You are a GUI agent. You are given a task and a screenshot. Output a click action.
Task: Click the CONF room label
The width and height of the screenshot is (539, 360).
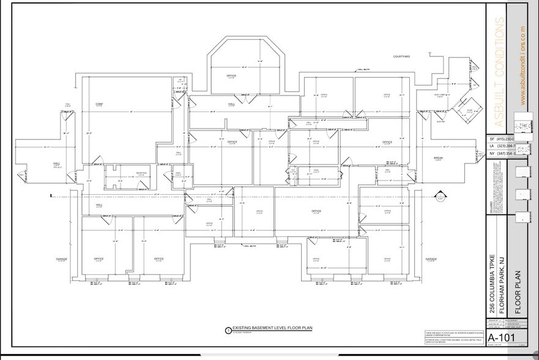click(x=99, y=103)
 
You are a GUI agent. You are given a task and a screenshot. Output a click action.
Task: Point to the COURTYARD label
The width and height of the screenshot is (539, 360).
click(x=401, y=56)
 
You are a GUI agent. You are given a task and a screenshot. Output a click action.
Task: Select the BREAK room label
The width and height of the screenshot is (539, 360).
click(x=438, y=158)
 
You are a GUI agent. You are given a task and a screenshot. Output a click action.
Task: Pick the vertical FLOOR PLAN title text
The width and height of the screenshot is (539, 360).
click(x=516, y=288)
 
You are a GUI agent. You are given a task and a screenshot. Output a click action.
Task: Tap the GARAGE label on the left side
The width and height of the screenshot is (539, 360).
click(x=62, y=259)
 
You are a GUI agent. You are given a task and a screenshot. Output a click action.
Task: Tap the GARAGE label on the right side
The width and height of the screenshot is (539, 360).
click(x=431, y=259)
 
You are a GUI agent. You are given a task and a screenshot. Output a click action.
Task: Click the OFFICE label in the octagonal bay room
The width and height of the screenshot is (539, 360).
click(x=231, y=76)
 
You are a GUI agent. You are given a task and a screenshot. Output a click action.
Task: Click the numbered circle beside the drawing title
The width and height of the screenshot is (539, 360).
click(x=228, y=329)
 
